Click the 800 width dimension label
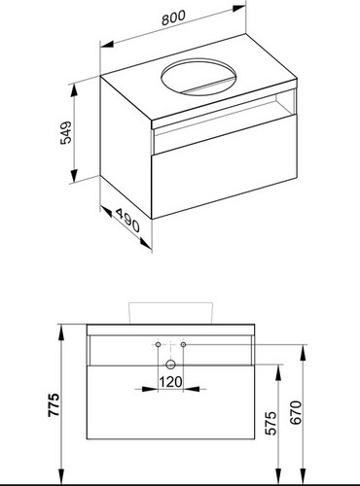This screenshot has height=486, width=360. click(x=173, y=17)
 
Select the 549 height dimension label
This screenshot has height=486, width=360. click(x=66, y=132)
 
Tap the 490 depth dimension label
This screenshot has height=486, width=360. click(x=127, y=221)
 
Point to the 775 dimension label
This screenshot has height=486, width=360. click(x=54, y=404)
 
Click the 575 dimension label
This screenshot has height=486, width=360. click(x=270, y=423)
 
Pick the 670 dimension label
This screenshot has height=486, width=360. click(x=296, y=412)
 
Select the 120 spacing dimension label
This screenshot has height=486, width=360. click(x=170, y=382)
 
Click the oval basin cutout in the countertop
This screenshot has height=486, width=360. click(x=198, y=77)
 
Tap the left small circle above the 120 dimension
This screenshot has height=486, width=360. click(x=158, y=344)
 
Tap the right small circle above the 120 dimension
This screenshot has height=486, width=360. click(x=183, y=344)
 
